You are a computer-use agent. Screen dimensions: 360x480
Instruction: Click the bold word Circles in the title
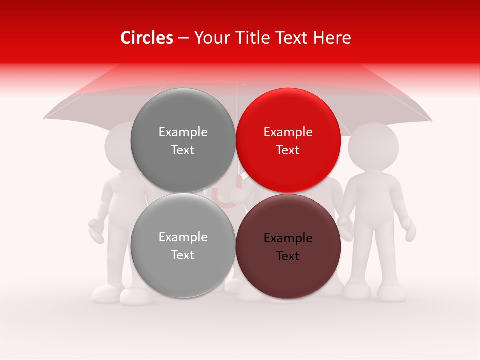[146, 38]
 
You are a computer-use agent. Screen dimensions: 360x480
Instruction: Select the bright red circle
[288, 140]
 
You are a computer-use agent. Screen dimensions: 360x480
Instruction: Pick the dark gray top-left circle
[183, 140]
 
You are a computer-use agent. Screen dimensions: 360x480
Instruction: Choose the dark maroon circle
[288, 246]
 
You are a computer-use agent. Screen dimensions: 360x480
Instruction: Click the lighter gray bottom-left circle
[183, 246]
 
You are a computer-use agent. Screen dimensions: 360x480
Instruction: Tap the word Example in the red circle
[288, 132]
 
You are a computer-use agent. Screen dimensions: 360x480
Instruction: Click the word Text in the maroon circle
[288, 256]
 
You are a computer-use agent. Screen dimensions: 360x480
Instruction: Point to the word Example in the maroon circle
[288, 238]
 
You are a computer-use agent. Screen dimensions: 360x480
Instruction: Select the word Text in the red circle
[288, 150]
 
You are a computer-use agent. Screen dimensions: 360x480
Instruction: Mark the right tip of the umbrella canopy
[431, 120]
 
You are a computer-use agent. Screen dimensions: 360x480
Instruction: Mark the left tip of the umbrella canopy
[44, 118]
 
